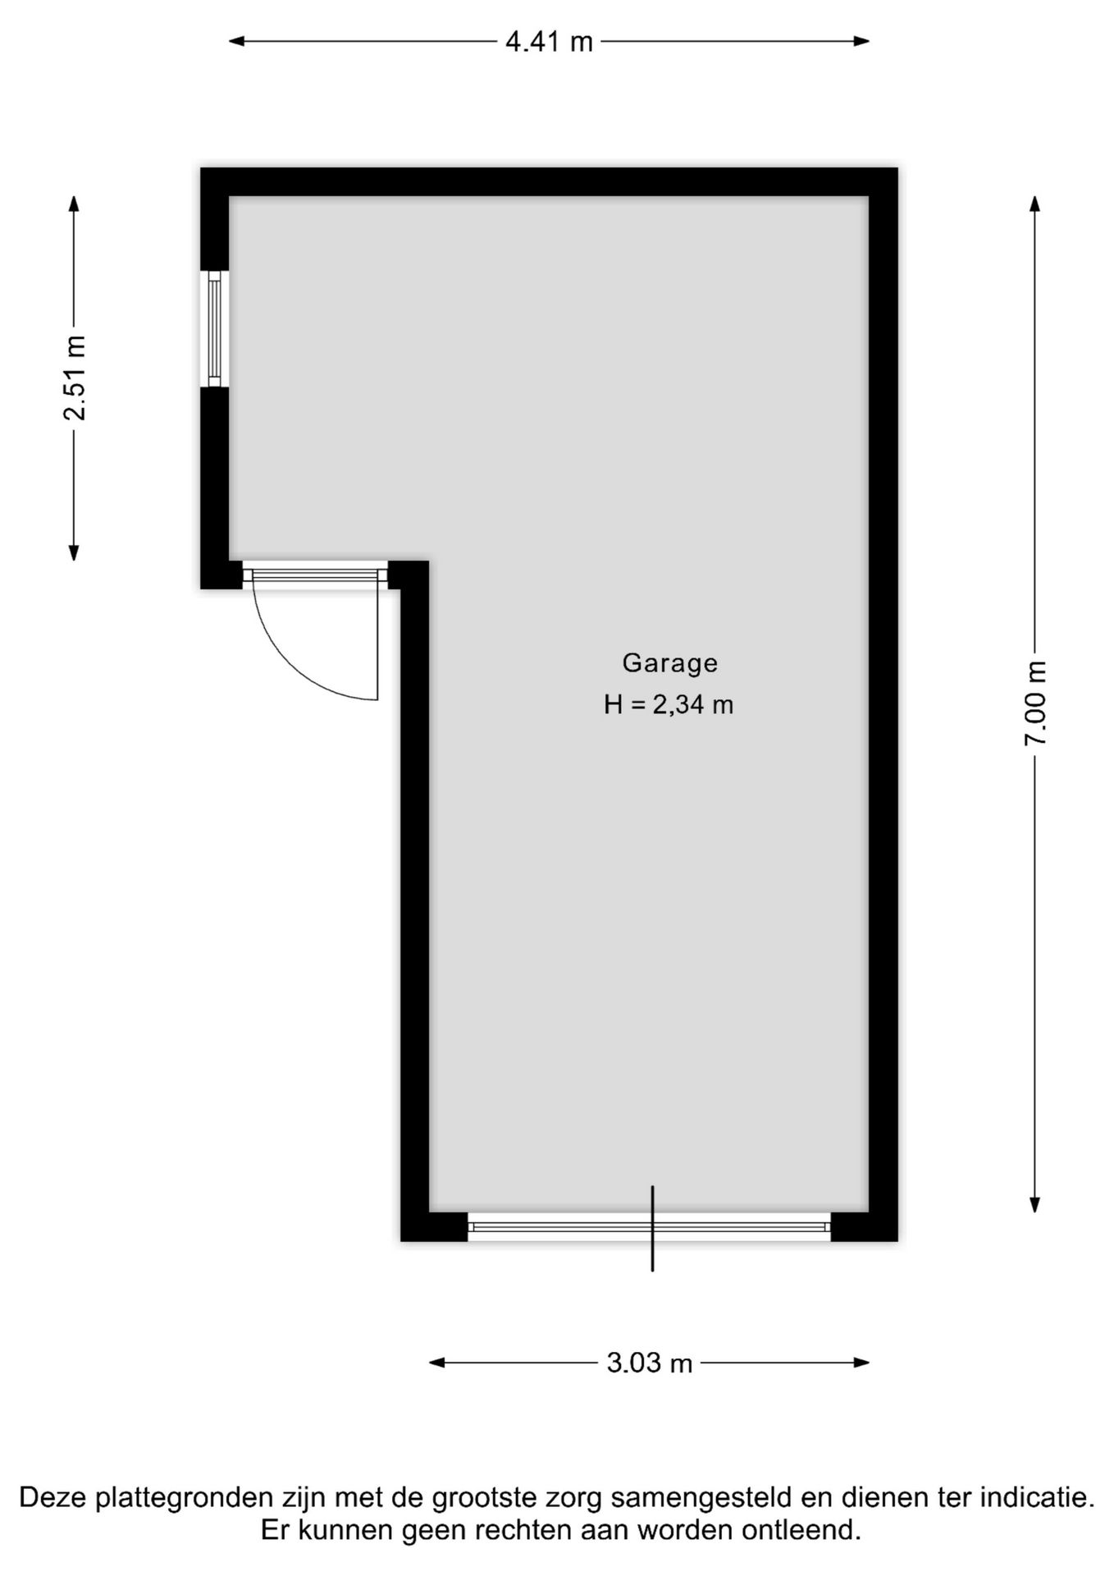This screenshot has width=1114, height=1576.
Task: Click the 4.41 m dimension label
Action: point(549,42)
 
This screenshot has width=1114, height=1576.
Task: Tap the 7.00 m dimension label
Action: point(1035,703)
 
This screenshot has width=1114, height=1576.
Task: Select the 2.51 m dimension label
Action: point(75,378)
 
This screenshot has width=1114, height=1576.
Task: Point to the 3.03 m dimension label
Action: point(650,1363)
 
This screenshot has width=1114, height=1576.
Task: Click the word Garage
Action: point(670,663)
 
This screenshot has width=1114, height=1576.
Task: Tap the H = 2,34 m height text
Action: point(669,704)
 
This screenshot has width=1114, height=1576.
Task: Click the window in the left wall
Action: point(215,329)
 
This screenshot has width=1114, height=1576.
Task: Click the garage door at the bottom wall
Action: point(649,1227)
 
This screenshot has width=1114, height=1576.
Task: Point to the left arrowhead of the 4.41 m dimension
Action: point(237,41)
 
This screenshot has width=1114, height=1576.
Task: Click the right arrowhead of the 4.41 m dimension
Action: point(861,41)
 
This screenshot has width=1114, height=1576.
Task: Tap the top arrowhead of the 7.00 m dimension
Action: point(1035,204)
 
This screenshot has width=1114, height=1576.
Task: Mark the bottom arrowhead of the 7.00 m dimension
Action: point(1035,1204)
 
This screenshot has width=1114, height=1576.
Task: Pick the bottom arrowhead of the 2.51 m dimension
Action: point(74,552)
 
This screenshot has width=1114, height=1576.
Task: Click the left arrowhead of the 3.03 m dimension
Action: point(437,1363)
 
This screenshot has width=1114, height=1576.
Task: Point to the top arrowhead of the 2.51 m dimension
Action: point(74,204)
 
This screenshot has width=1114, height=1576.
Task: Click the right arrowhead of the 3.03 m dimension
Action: point(861,1363)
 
